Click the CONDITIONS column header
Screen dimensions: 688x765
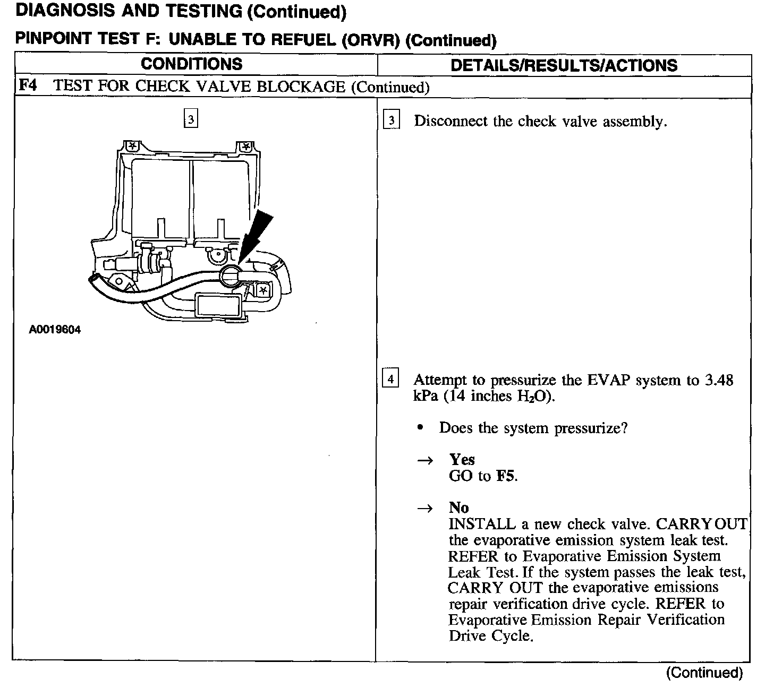click(191, 64)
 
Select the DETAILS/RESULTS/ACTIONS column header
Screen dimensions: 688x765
click(564, 65)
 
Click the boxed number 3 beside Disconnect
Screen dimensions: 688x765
click(392, 121)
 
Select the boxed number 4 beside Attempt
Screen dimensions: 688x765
click(390, 379)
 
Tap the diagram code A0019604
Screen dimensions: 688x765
click(55, 330)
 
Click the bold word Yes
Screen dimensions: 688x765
click(462, 459)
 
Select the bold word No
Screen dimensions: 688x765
click(458, 508)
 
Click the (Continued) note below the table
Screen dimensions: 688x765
click(704, 673)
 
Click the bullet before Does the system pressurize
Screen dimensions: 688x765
click(421, 428)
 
